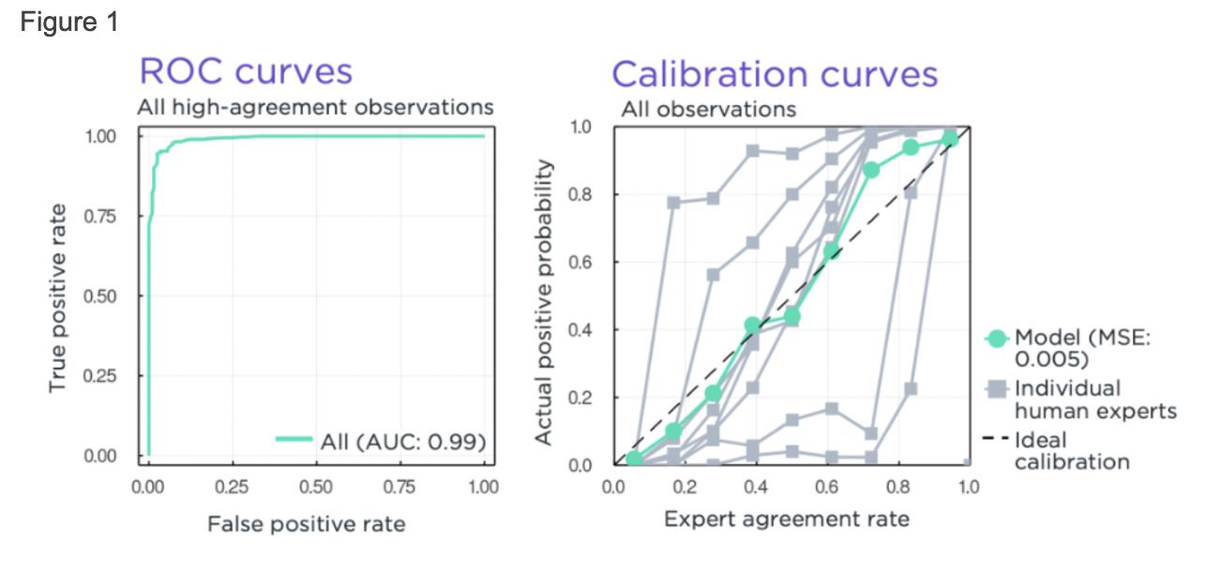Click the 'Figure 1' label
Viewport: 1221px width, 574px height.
[69, 23]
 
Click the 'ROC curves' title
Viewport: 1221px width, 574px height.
[246, 71]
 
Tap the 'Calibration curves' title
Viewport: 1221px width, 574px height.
[775, 74]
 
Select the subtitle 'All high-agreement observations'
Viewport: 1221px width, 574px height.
[315, 107]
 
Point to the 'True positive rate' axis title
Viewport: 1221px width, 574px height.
[59, 296]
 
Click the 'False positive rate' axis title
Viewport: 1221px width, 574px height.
[306, 523]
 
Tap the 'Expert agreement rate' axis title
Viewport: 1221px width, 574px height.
[786, 518]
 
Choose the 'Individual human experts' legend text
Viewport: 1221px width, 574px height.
[1095, 400]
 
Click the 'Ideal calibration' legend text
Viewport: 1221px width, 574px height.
[1072, 450]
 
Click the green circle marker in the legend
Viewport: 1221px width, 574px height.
[997, 338]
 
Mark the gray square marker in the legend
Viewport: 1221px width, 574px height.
[997, 388]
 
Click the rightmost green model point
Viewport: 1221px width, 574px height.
[950, 139]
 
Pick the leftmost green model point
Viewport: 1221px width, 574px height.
[634, 459]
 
